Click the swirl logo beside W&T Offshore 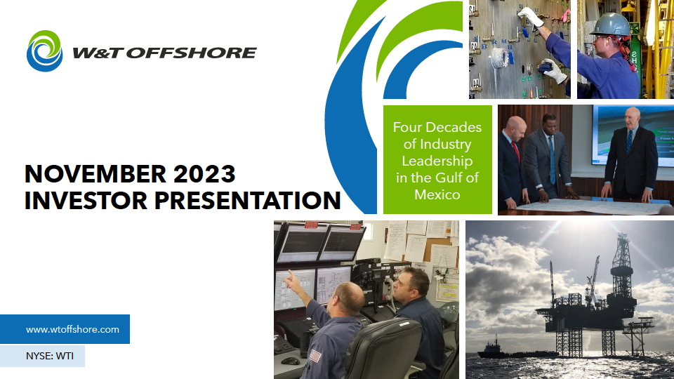45,51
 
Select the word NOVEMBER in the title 95,174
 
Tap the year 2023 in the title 204,174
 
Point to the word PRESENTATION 248,201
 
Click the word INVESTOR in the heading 86,201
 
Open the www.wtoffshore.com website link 72,330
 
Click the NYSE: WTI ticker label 49,357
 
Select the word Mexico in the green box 437,194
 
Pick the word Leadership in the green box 437,161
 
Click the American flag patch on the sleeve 315,356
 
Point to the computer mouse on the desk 291,361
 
